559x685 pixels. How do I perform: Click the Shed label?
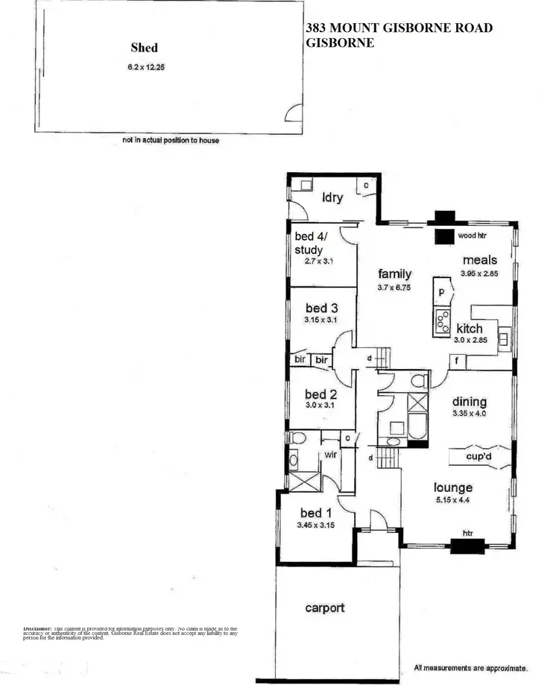[x=144, y=48]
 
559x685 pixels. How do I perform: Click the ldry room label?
[x=332, y=198]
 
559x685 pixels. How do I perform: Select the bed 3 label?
[x=321, y=307]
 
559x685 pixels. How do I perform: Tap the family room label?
[x=394, y=274]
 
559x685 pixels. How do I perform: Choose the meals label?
[x=479, y=260]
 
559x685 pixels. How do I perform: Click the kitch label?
[x=470, y=328]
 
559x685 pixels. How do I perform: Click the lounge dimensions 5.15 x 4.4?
[x=453, y=501]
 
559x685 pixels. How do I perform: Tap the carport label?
[x=325, y=607]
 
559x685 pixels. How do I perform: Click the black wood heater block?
[x=445, y=237]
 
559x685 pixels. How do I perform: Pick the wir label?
[x=330, y=453]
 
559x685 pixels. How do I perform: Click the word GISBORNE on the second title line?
[x=340, y=43]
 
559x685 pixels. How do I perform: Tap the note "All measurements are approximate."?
[x=471, y=668]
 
